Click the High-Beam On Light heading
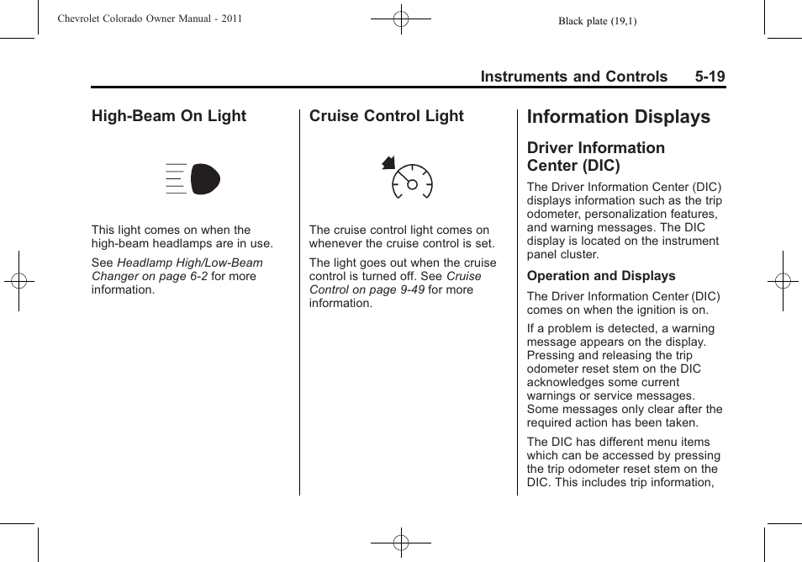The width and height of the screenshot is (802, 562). [x=169, y=116]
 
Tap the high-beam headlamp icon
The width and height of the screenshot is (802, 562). [x=194, y=179]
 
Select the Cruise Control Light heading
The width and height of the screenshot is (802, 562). [x=386, y=116]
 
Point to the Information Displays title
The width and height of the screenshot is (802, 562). [x=618, y=117]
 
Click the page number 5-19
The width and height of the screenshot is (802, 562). [x=710, y=77]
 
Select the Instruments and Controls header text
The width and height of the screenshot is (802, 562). [x=574, y=77]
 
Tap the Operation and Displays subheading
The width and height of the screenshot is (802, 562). [x=601, y=276]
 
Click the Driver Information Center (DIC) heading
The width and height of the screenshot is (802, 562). [x=596, y=156]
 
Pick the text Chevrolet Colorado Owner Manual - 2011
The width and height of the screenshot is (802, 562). [x=150, y=19]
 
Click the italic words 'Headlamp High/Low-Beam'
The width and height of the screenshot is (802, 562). [x=190, y=262]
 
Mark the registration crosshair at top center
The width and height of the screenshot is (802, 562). [x=401, y=18]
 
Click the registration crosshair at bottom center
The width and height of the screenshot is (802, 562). [x=401, y=543]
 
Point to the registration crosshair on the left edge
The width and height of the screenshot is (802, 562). [x=18, y=281]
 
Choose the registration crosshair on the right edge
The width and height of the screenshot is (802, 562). [x=783, y=281]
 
